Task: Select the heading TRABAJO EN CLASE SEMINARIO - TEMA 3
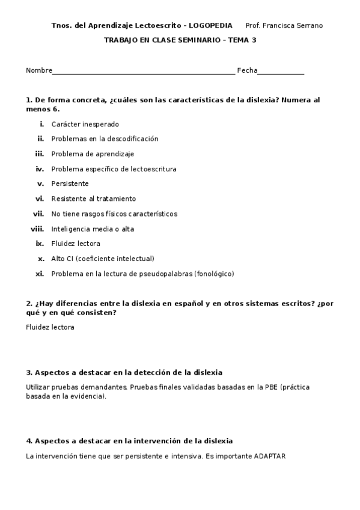185,40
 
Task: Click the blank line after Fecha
281,72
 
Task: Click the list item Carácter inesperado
85,124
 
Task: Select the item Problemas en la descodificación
105,139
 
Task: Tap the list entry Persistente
70,184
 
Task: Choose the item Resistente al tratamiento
93,199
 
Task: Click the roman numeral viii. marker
37,229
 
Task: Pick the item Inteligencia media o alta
93,229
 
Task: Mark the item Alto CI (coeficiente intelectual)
103,259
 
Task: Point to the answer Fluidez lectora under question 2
50,327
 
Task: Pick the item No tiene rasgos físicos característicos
114,214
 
